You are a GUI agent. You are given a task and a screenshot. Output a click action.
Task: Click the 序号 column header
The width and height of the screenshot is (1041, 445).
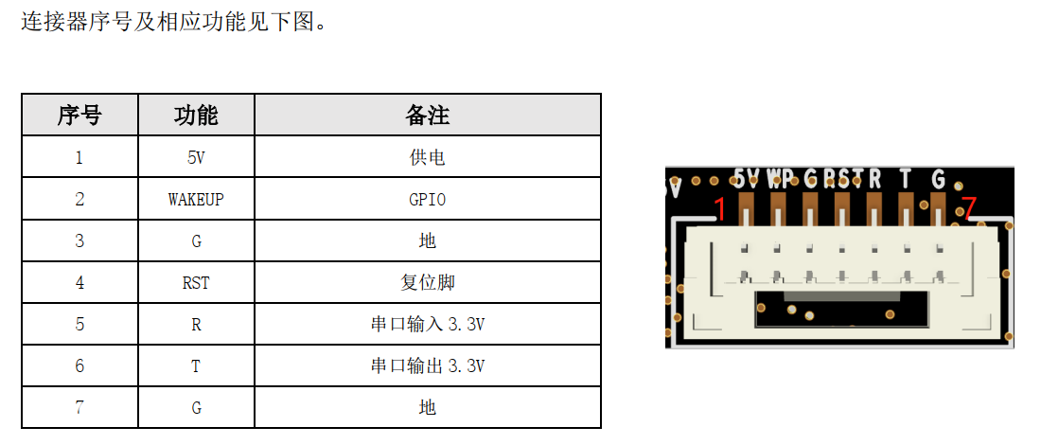tap(79, 116)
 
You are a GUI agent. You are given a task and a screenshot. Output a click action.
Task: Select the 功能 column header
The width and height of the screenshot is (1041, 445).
tap(196, 116)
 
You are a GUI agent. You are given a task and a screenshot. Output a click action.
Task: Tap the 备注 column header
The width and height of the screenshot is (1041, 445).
tap(427, 116)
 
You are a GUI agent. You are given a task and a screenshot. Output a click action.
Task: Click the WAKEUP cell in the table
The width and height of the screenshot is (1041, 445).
tap(196, 200)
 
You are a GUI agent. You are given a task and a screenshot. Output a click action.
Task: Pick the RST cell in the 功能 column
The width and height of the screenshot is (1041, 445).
tap(196, 283)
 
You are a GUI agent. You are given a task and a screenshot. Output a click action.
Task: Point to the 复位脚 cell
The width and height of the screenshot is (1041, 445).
tap(427, 283)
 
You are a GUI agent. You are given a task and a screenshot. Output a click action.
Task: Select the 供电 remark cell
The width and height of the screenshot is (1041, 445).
tap(427, 158)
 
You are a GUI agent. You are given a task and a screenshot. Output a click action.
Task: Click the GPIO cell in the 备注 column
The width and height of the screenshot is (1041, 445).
tap(427, 200)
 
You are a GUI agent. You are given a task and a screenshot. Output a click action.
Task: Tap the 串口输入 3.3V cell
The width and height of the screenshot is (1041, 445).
tap(427, 325)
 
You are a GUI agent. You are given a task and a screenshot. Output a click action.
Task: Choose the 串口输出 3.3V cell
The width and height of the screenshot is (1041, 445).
tap(427, 366)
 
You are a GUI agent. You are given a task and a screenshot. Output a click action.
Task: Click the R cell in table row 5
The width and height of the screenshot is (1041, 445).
tap(196, 325)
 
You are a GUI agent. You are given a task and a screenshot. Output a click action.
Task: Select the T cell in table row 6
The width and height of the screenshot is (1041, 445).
tap(196, 366)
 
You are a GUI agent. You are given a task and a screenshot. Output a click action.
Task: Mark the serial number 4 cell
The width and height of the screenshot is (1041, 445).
tap(79, 283)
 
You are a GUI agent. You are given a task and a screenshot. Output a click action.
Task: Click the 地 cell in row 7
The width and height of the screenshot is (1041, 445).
tap(427, 407)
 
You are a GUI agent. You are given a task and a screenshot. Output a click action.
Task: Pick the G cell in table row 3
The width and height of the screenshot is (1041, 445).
tap(196, 241)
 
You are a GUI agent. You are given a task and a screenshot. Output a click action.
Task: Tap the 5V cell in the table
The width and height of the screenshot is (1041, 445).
tap(196, 158)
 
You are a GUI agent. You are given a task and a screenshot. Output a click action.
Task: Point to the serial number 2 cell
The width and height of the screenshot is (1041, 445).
tap(79, 200)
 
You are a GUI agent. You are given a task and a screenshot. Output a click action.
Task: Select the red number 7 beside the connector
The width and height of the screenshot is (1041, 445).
tap(968, 207)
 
